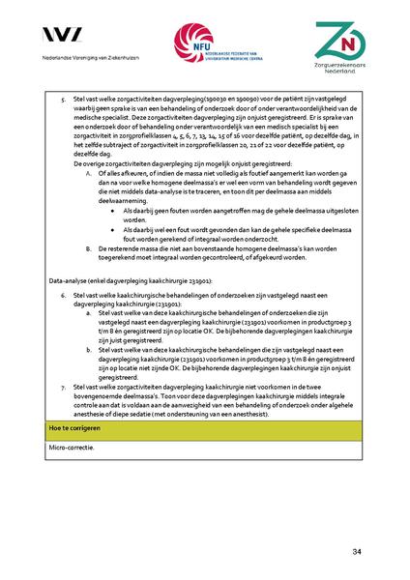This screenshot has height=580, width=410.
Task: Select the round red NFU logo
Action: coord(190,43)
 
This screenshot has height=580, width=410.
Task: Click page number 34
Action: coord(357,551)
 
